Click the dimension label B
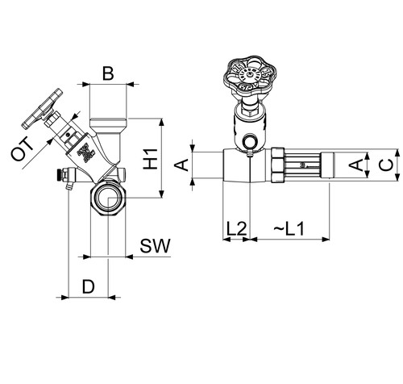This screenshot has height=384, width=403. pyautogui.click(x=108, y=73)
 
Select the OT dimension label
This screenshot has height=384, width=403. pyautogui.click(x=23, y=149)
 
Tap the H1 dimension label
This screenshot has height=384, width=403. pyautogui.click(x=151, y=159)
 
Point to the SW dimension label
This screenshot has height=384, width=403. pyautogui.click(x=156, y=245)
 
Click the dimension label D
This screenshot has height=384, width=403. pyautogui.click(x=89, y=286)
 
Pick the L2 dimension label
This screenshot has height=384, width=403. pyautogui.click(x=236, y=229)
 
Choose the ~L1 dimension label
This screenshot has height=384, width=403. pyautogui.click(x=289, y=229)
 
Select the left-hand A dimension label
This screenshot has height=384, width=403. pyautogui.click(x=182, y=165)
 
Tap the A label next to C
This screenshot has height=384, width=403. pyautogui.click(x=356, y=165)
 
